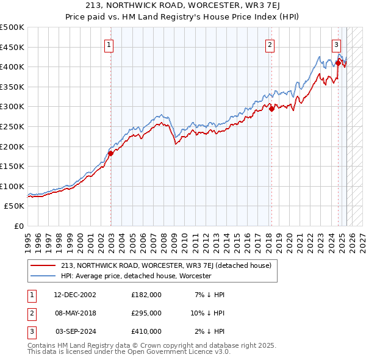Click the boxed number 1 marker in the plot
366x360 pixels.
(108, 44)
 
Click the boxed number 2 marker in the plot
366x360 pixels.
(269, 44)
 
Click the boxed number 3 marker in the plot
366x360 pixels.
(336, 44)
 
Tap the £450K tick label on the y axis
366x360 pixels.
(13, 47)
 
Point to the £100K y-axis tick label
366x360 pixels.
(13, 186)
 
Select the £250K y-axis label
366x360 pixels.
(13, 126)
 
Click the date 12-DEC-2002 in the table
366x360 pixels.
(75, 295)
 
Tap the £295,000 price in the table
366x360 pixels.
(146, 313)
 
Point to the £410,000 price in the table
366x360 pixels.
(146, 331)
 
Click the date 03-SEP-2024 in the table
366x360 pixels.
(76, 331)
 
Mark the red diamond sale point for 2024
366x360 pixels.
(338, 62)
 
